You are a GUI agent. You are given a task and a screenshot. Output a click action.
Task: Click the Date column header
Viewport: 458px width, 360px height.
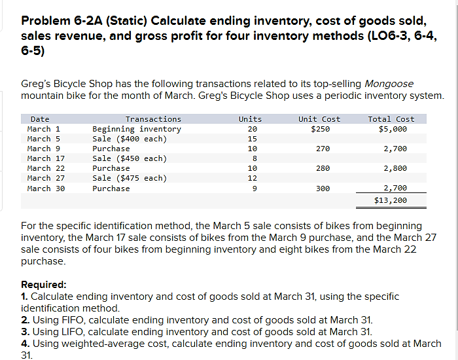pyautogui.click(x=40, y=119)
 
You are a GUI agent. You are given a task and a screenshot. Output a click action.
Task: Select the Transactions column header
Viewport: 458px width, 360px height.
pyautogui.click(x=153, y=119)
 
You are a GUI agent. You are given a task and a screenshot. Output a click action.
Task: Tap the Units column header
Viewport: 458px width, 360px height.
pyautogui.click(x=250, y=119)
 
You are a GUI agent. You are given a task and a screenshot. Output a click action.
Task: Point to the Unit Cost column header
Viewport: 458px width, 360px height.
pyautogui.click(x=319, y=119)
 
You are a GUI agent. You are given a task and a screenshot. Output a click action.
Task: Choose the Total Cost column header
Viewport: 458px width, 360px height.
pyautogui.click(x=391, y=119)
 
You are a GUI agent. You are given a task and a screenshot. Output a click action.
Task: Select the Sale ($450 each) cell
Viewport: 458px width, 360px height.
pyautogui.click(x=129, y=158)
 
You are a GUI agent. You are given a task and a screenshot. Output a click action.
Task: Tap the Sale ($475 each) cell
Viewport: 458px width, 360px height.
pyautogui.click(x=129, y=178)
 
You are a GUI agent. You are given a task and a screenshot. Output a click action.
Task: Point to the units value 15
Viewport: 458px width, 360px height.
pyautogui.click(x=252, y=139)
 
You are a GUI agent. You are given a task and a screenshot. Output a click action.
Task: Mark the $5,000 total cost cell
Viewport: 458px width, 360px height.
pyautogui.click(x=393, y=129)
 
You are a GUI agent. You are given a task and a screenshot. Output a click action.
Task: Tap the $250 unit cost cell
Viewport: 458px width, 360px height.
pyautogui.click(x=321, y=129)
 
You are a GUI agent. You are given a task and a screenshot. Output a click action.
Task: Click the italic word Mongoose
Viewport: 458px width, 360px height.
pyautogui.click(x=389, y=84)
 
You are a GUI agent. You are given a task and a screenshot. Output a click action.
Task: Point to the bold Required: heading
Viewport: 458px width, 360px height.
pyautogui.click(x=44, y=285)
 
